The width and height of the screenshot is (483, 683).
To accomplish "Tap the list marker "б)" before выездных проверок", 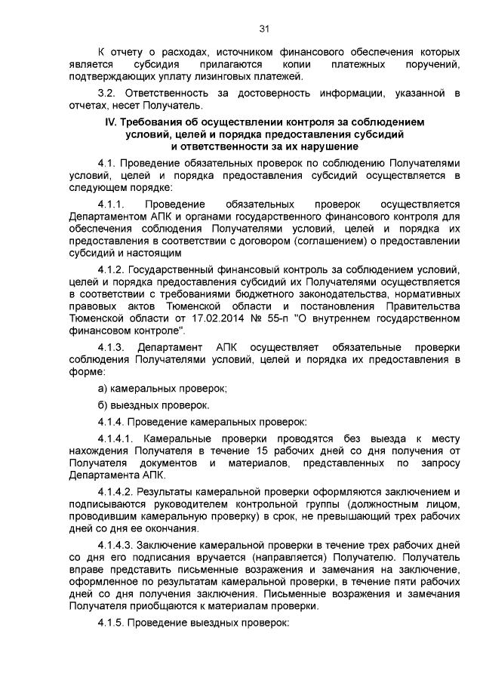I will point(104,405).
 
